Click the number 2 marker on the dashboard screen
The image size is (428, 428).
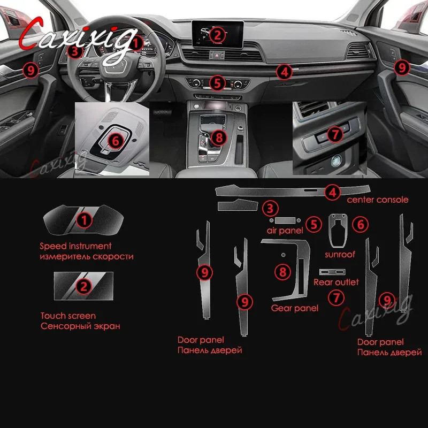217,35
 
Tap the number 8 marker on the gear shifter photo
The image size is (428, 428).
219,137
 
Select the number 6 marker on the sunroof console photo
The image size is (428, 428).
116,141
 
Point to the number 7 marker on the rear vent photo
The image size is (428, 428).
335,134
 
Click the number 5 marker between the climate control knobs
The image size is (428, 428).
217,83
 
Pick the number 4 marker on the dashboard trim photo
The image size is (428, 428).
284,72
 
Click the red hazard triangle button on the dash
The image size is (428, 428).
217,55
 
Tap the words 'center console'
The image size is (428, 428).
378,200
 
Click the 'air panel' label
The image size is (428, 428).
285,231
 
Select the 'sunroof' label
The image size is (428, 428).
340,255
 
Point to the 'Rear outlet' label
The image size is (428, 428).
336,282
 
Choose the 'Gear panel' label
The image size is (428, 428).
295,308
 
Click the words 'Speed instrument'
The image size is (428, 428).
75,246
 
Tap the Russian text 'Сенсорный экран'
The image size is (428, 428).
80,326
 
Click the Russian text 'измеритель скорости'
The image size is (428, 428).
87,257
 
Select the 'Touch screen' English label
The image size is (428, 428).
68,316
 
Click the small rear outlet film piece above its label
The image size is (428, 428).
332,272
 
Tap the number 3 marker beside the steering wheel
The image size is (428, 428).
75,51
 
